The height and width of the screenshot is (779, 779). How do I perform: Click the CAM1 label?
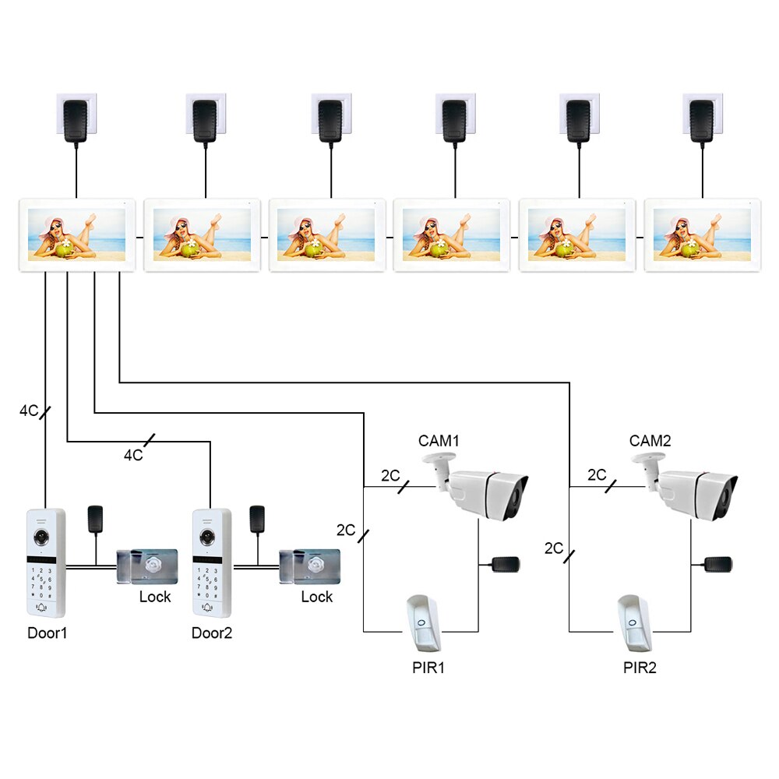(x=439, y=441)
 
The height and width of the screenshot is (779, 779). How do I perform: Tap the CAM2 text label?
(x=650, y=441)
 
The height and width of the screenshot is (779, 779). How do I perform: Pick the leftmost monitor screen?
(x=77, y=234)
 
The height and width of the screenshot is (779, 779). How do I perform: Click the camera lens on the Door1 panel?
(x=41, y=537)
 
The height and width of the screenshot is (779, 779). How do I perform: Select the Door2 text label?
(x=212, y=633)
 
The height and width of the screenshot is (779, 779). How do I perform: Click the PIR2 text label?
(x=640, y=668)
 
